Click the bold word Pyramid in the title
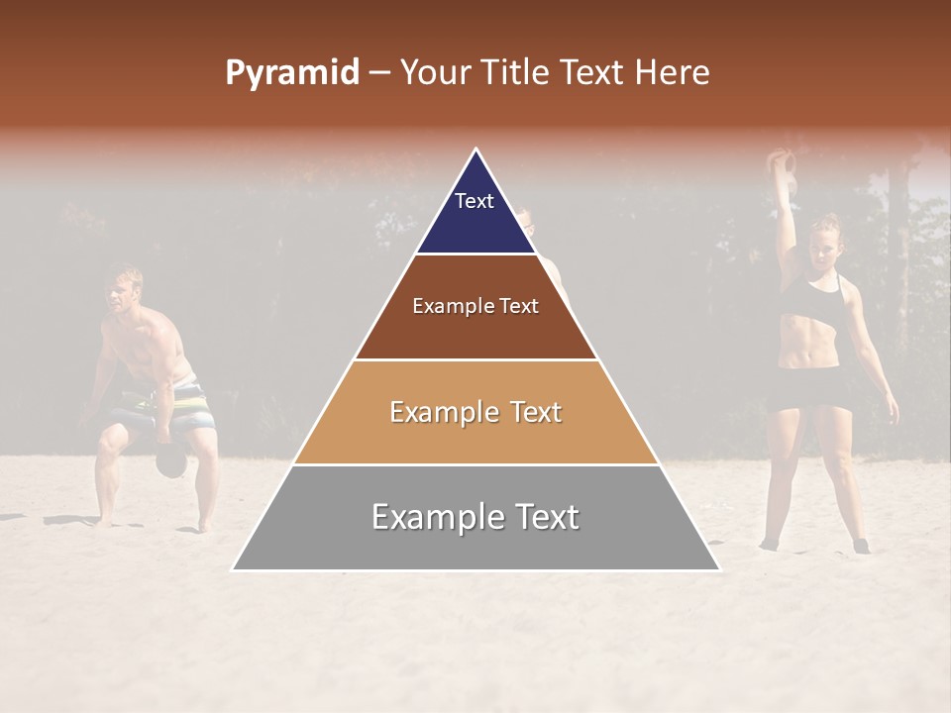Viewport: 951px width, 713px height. click(291, 73)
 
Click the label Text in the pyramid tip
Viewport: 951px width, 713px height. click(475, 201)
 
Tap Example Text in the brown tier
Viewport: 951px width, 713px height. click(475, 306)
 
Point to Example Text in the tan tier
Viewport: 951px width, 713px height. click(475, 412)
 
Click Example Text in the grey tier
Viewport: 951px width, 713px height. click(475, 517)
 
